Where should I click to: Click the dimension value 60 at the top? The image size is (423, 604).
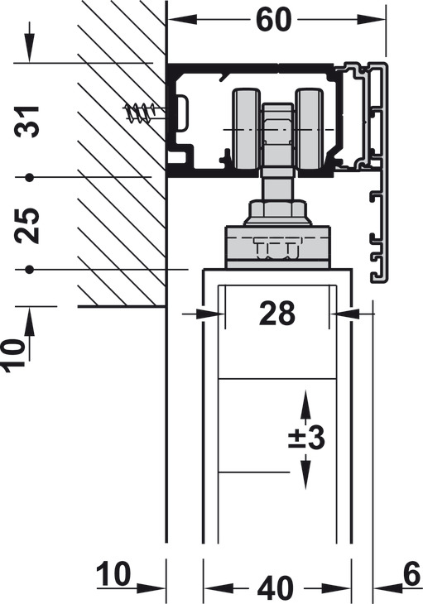(x=273, y=20)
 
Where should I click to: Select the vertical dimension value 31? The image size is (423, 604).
(x=27, y=122)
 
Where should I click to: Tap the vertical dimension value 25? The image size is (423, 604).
(x=27, y=225)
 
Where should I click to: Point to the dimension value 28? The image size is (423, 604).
(x=277, y=314)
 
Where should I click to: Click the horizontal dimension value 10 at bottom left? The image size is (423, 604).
(x=113, y=573)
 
